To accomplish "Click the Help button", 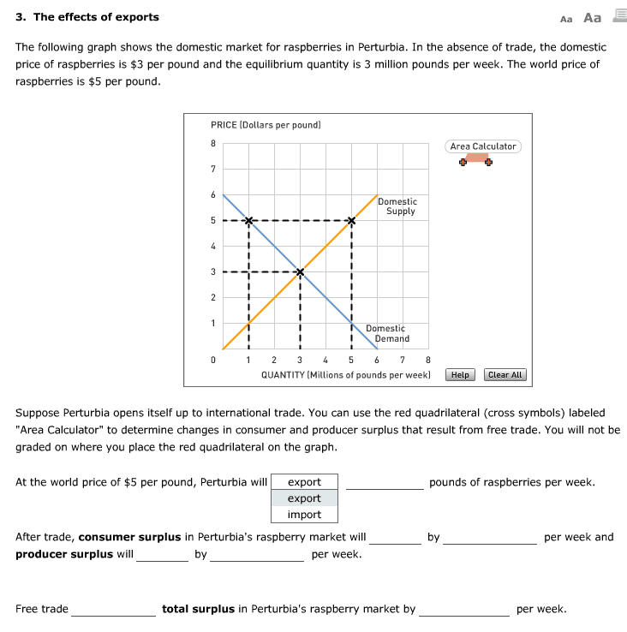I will (460, 375).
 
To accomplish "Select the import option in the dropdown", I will (304, 515).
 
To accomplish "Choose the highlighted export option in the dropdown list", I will (304, 498).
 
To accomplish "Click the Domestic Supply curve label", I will (397, 206).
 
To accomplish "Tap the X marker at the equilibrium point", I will (300, 272).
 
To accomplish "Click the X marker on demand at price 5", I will (248, 221).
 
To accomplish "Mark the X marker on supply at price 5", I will (351, 221).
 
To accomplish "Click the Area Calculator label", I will (483, 146).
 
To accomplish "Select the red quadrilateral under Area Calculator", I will (476, 158).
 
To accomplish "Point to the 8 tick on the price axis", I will (213, 144).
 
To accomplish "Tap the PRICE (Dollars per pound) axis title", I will (266, 125).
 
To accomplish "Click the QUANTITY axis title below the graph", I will (345, 375).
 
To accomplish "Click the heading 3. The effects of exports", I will (87, 17).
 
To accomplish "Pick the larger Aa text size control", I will (592, 17).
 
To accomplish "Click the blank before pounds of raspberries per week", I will (384, 483).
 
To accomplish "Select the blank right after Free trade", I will (113, 610).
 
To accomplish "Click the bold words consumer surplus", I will (129, 537).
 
